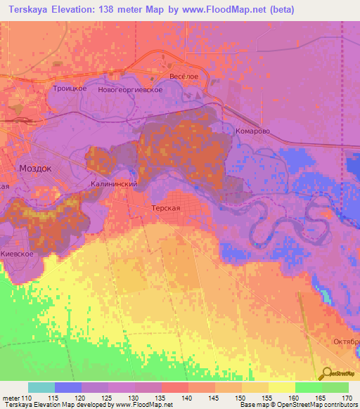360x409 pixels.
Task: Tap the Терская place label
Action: click(167, 209)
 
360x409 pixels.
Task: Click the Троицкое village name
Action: click(70, 89)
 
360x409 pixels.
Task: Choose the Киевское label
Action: click(17, 253)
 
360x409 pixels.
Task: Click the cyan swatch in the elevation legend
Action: click(41, 387)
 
